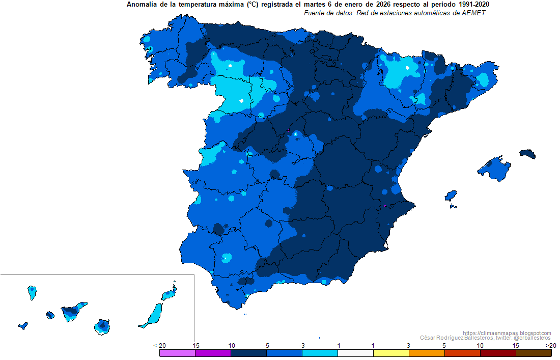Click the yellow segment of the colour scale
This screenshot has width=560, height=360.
(390, 353)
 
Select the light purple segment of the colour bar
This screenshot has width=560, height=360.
(177, 353)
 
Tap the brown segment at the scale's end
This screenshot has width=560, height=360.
(534, 353)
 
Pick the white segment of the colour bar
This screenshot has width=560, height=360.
(355, 353)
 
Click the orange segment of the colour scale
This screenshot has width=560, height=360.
(426, 353)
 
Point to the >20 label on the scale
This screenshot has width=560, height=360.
(550, 346)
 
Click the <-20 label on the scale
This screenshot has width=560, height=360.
(159, 346)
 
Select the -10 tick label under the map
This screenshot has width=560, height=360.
(230, 346)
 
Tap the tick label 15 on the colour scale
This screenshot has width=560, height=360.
(516, 346)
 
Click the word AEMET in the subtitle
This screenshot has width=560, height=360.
(474, 13)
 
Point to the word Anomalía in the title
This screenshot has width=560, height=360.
(141, 5)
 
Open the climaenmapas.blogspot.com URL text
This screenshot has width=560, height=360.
(508, 333)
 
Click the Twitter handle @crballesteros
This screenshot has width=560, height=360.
(531, 338)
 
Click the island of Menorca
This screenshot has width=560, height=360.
(528, 154)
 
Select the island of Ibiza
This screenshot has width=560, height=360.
(451, 196)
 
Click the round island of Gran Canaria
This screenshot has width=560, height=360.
(102, 326)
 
